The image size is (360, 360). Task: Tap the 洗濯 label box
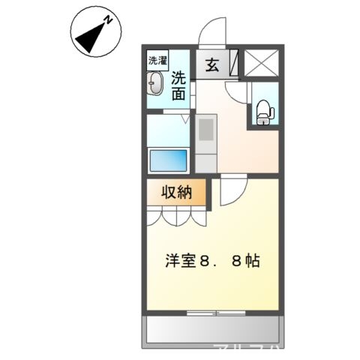click(x=157, y=60)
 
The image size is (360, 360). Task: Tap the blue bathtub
click(x=169, y=160)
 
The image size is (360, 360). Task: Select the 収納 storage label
click(x=178, y=192)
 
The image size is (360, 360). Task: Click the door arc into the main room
click(x=231, y=191)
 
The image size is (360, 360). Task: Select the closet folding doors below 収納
click(x=177, y=216)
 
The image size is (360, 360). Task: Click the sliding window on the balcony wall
click(x=214, y=310)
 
